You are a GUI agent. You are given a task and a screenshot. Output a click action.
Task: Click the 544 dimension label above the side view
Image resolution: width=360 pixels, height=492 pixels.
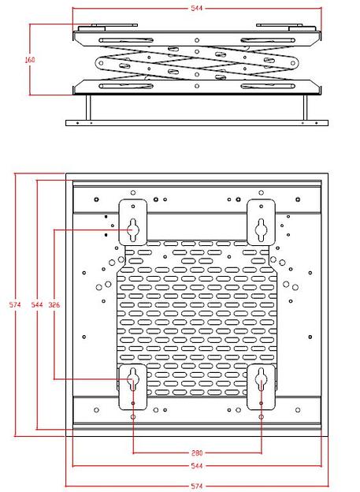pos(197,8)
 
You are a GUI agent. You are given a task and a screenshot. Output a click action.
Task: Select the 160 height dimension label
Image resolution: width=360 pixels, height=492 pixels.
pos(30,59)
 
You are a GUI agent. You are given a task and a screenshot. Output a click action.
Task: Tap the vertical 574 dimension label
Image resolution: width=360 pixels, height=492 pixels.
pos(15,304)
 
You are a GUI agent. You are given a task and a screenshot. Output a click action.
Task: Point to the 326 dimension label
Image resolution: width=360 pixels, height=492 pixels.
pos(54,304)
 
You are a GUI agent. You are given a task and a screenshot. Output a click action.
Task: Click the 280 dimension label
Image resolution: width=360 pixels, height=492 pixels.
pos(197,453)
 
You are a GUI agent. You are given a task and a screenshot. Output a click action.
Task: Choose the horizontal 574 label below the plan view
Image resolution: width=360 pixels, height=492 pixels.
pos(197,486)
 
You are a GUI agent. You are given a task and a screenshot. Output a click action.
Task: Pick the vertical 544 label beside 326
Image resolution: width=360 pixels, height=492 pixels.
pos(37,304)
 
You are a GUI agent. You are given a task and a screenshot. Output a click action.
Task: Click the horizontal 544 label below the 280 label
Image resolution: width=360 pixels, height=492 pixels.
pos(197,466)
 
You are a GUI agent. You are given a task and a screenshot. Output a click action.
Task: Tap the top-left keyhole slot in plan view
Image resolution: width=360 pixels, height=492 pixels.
pos(132,230)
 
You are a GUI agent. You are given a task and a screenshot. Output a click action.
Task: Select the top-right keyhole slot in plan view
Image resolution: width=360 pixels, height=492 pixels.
pos(262,230)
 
